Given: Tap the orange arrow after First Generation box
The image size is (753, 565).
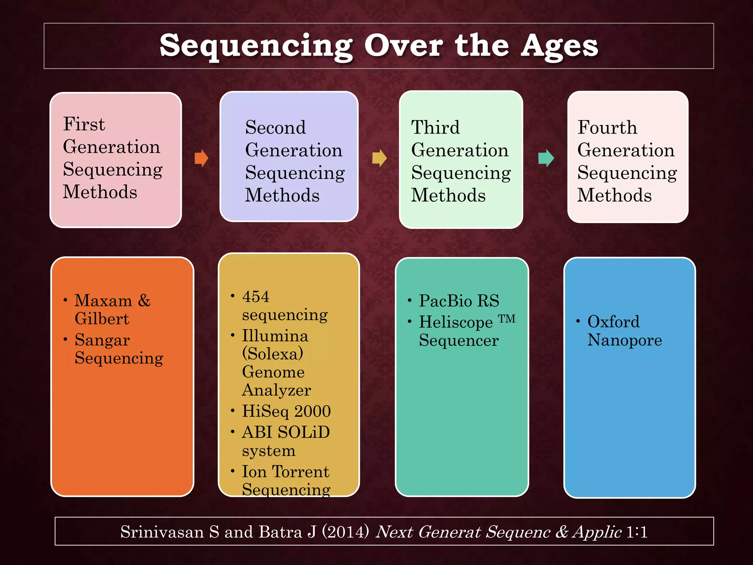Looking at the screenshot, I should point(201,158).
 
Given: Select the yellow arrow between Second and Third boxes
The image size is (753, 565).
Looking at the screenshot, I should point(379,158).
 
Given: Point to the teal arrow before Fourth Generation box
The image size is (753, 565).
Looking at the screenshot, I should point(546,158).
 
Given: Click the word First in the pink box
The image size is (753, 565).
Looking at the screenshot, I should point(84,124).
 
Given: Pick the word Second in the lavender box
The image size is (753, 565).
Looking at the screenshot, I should point(275,128).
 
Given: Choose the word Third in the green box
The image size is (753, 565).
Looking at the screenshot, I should point(435,128).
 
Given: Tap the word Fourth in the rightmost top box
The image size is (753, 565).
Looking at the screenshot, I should point(607,128).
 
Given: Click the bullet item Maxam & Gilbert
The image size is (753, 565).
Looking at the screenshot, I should point(112,309).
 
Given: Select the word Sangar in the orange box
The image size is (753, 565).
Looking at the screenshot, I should point(102,340).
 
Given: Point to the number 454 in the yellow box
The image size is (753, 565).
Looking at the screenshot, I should point(256,296).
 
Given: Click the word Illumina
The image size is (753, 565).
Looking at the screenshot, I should point(275,336).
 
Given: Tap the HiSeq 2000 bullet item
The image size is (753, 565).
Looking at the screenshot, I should point(286,411).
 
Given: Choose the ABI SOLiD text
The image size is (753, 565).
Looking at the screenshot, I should point(286,432).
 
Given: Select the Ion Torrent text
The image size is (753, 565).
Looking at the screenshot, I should point(285,472).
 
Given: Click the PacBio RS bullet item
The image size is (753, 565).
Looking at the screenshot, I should point(459,301).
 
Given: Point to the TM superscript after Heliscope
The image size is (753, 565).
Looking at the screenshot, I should point(507,319).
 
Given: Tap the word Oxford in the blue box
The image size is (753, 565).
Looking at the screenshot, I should point(613,322).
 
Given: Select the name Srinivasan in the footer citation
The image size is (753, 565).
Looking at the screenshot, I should point(162,532).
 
